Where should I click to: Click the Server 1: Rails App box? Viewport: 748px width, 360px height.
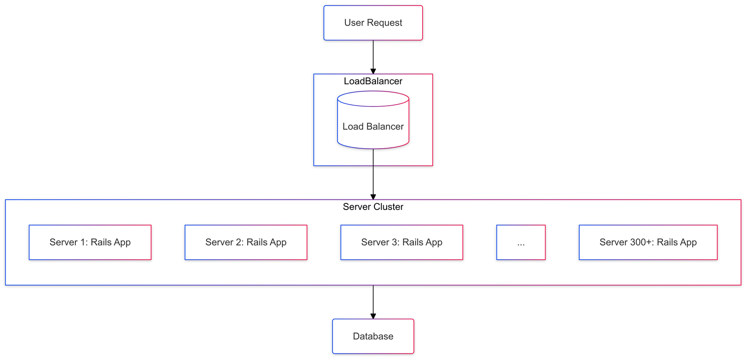90,242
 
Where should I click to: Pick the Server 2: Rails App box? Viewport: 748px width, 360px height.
246,242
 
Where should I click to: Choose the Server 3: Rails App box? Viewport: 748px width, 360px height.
402,242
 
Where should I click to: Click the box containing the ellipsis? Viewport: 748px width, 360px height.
521,242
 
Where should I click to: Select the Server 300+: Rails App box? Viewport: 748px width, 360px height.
648,242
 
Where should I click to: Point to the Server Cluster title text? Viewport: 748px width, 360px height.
373,207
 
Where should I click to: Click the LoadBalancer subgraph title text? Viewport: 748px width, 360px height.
373,81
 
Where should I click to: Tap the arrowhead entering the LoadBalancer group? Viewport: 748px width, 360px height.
373,71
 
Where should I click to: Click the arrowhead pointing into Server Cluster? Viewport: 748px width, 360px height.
373,197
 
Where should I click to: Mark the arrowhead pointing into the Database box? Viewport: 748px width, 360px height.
373,317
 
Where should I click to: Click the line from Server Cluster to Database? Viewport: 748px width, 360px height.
373,299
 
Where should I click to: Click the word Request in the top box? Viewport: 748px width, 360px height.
384,23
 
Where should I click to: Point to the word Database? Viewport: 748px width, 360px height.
373,336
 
